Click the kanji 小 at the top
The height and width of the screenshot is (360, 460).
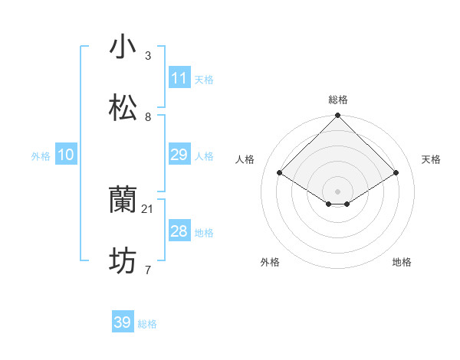click(123, 47)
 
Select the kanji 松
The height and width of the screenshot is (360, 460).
click(123, 108)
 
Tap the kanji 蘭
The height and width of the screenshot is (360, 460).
click(123, 201)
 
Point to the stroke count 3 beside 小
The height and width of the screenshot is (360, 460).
click(148, 56)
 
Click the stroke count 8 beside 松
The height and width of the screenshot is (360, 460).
click(148, 117)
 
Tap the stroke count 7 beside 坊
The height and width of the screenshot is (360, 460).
click(148, 270)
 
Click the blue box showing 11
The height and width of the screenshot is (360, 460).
click(179, 77)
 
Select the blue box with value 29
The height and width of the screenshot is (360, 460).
click(179, 155)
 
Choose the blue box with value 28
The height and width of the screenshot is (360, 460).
click(179, 231)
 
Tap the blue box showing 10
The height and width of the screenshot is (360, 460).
click(66, 155)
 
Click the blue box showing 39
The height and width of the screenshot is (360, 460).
click(123, 322)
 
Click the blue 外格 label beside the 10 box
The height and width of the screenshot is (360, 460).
click(41, 156)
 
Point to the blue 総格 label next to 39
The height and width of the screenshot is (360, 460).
click(147, 324)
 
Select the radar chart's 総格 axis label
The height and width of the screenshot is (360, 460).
click(338, 100)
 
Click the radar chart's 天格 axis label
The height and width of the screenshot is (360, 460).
click(431, 159)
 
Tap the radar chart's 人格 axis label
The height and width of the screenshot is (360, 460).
click(245, 159)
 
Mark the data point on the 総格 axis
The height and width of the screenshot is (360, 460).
click(338, 116)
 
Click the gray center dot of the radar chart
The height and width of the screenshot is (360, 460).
click(338, 191)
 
